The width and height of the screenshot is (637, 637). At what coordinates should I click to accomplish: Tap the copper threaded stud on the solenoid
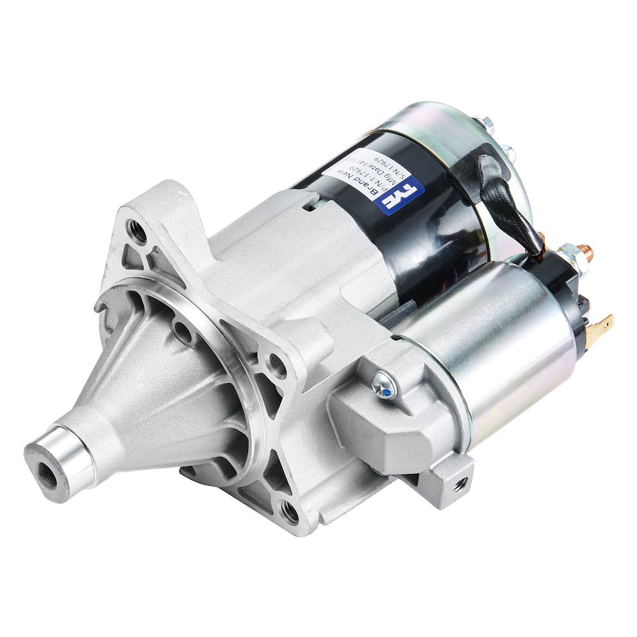click(x=587, y=250)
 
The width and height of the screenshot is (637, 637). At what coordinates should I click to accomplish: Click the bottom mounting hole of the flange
click(x=289, y=510)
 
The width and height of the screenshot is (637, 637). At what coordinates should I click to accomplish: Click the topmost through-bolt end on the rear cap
click(x=487, y=122)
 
